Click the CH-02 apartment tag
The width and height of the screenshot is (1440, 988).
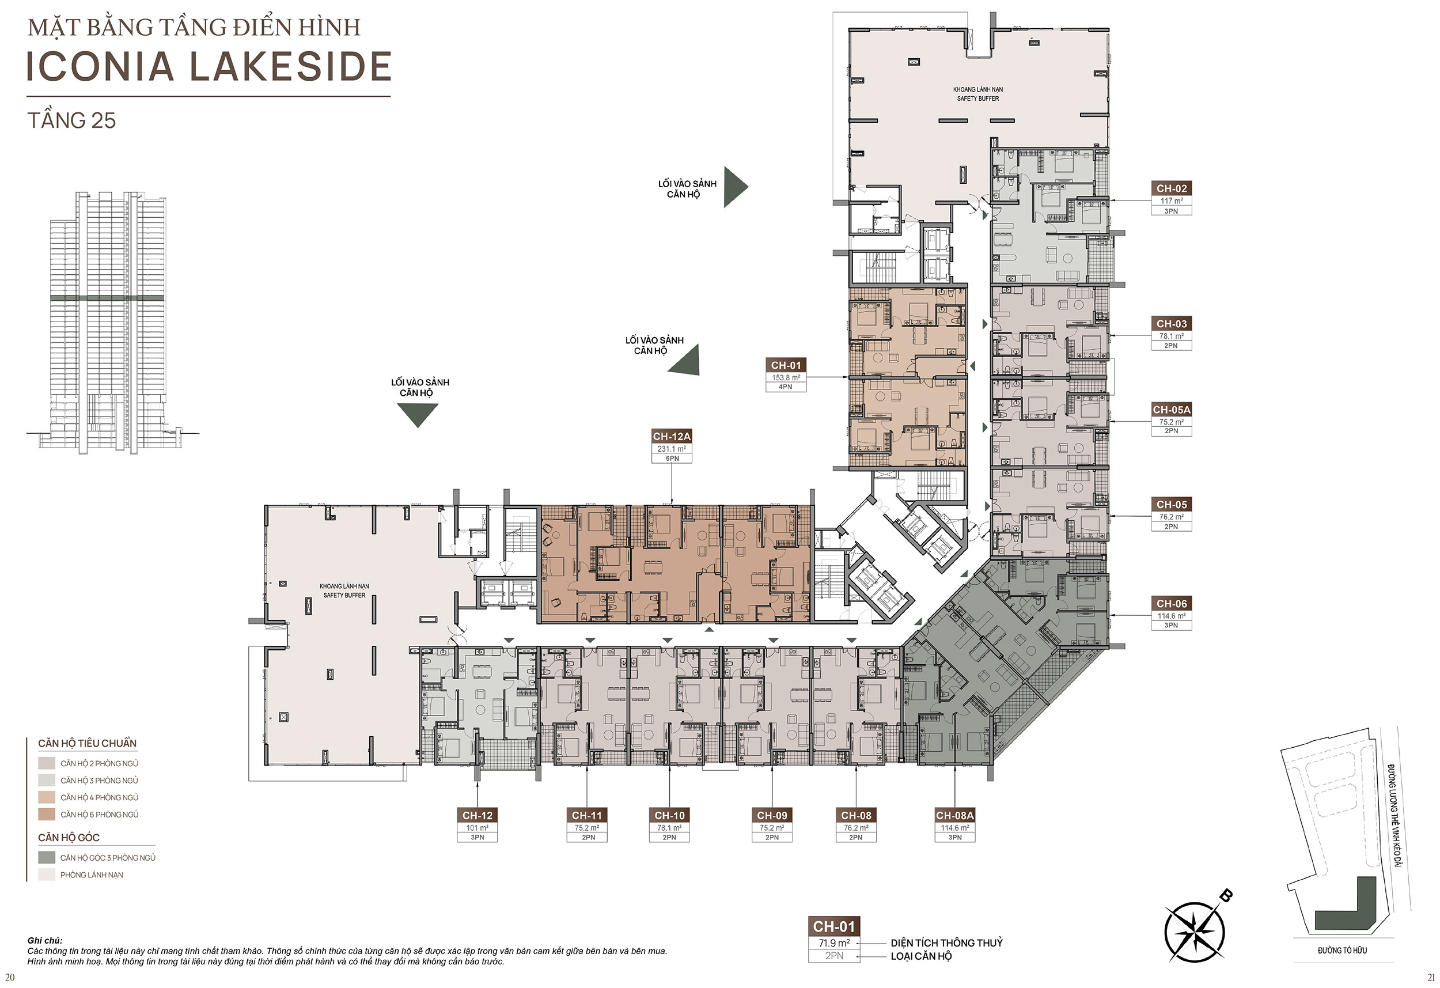click(x=1172, y=188)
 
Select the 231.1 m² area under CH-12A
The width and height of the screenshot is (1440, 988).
click(x=672, y=449)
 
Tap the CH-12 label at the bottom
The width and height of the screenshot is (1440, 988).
click(x=477, y=815)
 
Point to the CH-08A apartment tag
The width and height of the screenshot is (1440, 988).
click(x=955, y=815)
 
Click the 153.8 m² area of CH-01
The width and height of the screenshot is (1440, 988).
click(x=786, y=377)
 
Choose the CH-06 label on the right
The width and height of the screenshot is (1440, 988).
click(x=1172, y=603)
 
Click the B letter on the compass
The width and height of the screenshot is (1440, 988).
click(x=1225, y=895)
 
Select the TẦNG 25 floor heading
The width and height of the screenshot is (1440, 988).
click(x=71, y=120)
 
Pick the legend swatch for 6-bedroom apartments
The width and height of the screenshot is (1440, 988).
click(x=47, y=815)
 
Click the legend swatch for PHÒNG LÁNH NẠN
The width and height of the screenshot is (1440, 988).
click(x=47, y=875)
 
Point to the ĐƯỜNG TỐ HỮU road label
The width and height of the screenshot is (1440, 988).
click(x=1342, y=950)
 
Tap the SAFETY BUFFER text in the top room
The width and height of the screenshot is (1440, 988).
click(x=978, y=99)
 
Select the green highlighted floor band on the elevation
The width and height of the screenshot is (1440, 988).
click(x=107, y=298)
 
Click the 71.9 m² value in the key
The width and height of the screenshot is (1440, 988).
click(x=834, y=942)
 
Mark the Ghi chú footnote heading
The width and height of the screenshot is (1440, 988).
click(x=44, y=940)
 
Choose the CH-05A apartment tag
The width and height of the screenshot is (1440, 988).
click(x=1172, y=410)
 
